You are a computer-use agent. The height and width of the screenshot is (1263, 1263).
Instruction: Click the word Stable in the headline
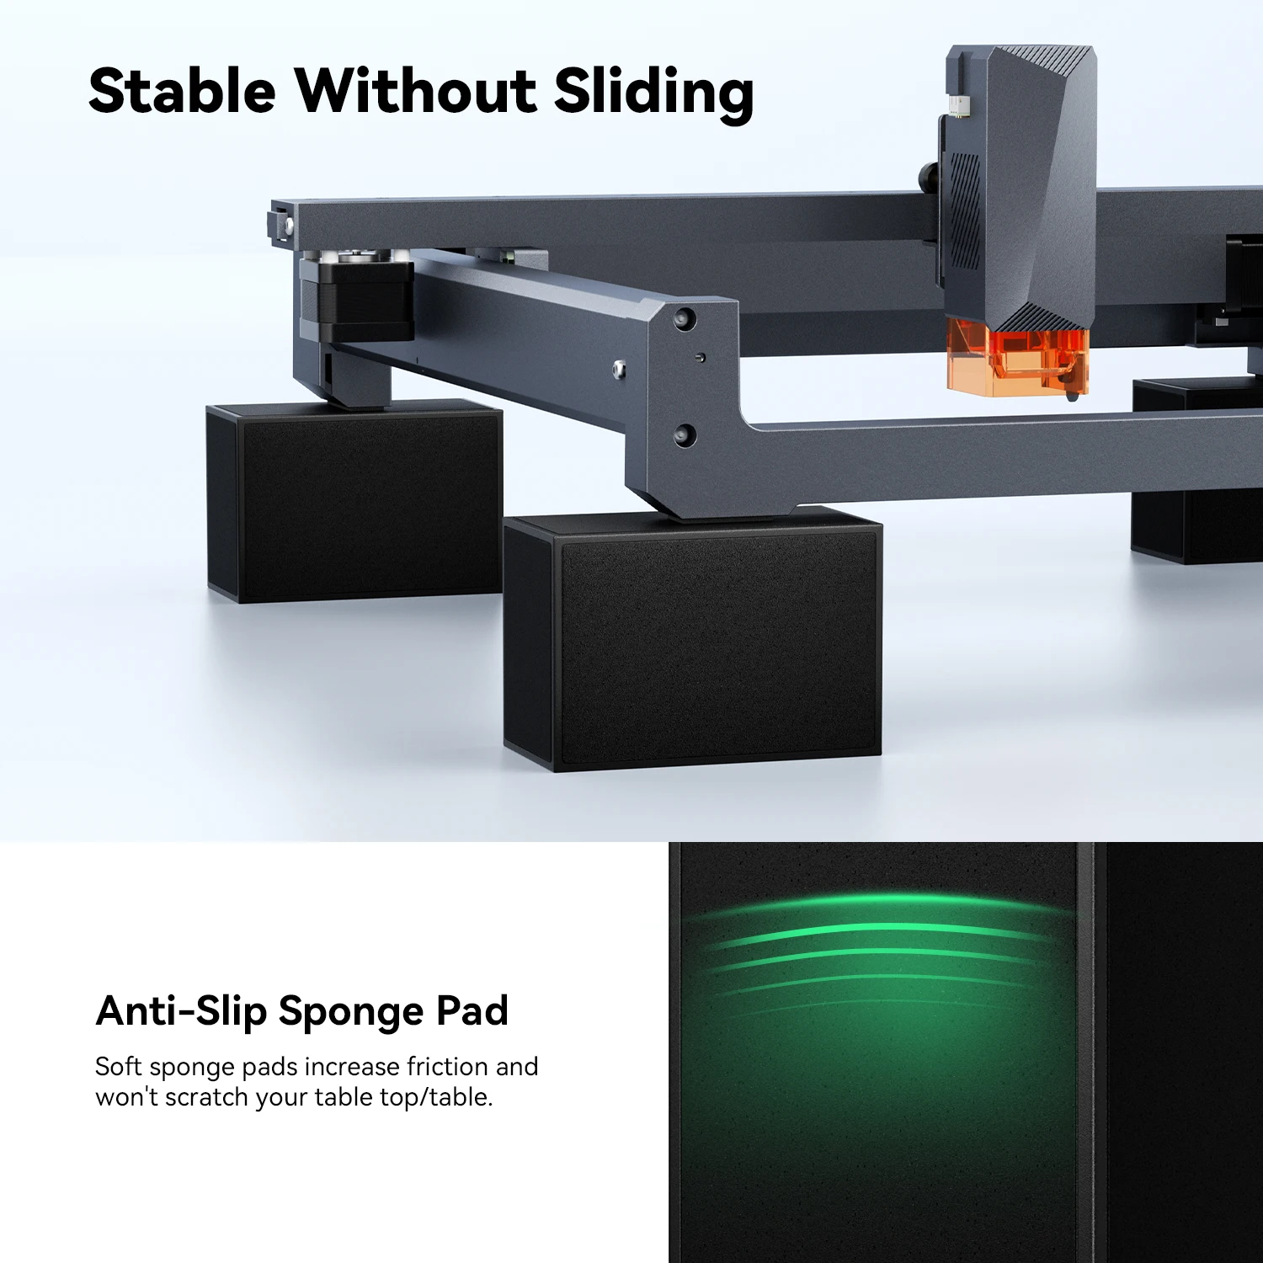[x=182, y=90]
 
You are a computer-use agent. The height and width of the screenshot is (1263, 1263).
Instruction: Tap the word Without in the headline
[x=415, y=90]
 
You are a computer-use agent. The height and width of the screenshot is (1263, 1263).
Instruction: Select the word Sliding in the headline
[x=653, y=93]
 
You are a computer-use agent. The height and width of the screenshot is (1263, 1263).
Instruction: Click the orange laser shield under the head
[x=1016, y=360]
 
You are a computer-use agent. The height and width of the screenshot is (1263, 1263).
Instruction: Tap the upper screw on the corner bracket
[x=684, y=319]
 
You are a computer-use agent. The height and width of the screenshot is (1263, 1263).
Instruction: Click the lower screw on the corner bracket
[x=684, y=434]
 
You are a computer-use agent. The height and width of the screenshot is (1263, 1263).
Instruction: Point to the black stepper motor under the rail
[x=358, y=299]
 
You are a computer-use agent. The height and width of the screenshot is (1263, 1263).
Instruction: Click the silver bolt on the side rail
[x=619, y=368]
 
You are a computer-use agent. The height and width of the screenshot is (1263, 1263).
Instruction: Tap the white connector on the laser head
[x=957, y=105]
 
